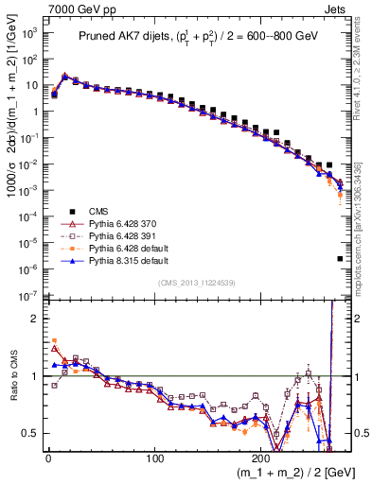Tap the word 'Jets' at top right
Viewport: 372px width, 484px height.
click(x=336, y=8)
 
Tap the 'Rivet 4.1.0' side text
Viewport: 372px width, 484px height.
click(x=364, y=66)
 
